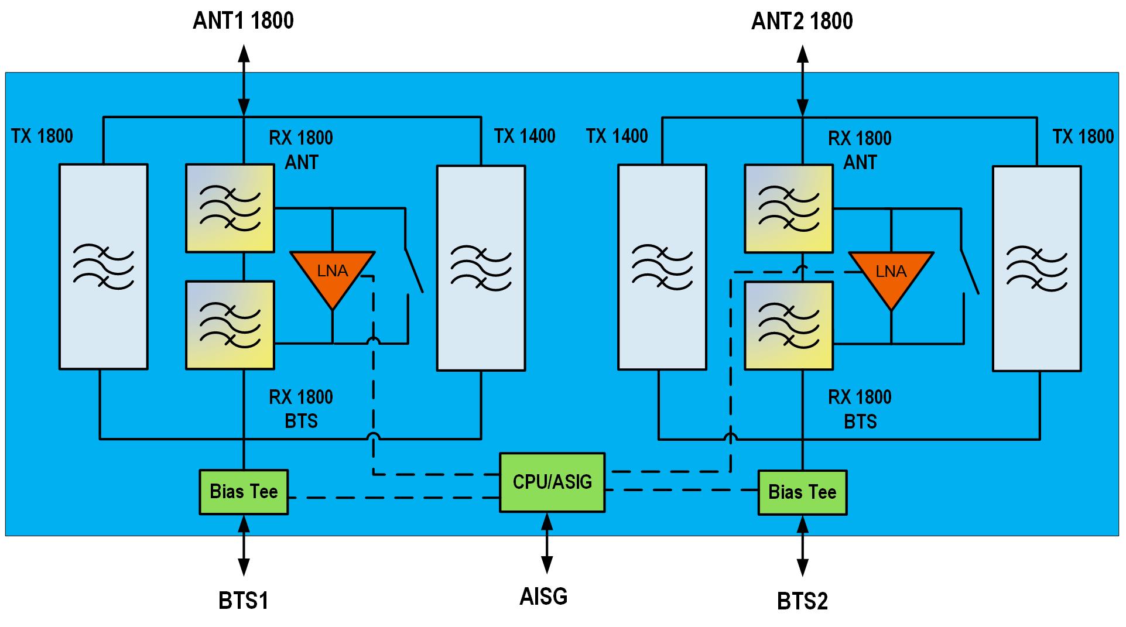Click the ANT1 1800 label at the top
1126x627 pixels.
[x=243, y=21]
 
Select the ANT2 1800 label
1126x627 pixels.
[x=802, y=22]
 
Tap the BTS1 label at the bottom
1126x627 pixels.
[x=243, y=601]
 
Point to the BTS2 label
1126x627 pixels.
[x=802, y=601]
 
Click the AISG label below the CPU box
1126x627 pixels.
[x=543, y=597]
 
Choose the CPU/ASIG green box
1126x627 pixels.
[x=552, y=482]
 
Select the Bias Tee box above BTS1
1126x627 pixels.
[x=244, y=492]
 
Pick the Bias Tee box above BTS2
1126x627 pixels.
[x=802, y=492]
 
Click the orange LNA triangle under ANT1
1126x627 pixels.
[x=333, y=274]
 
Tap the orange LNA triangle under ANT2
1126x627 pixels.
[x=891, y=275]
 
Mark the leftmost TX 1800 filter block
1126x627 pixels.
[x=103, y=266]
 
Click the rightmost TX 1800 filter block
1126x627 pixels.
[x=1036, y=268]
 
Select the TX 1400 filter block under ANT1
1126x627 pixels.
[x=481, y=268]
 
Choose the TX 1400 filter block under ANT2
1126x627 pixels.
[x=662, y=267]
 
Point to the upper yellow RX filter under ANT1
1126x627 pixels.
[x=230, y=208]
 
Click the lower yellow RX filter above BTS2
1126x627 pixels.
[x=789, y=326]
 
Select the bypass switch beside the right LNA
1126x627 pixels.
[x=969, y=272]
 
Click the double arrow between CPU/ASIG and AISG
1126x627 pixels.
[x=547, y=543]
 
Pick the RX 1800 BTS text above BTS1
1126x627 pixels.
[x=301, y=409]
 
